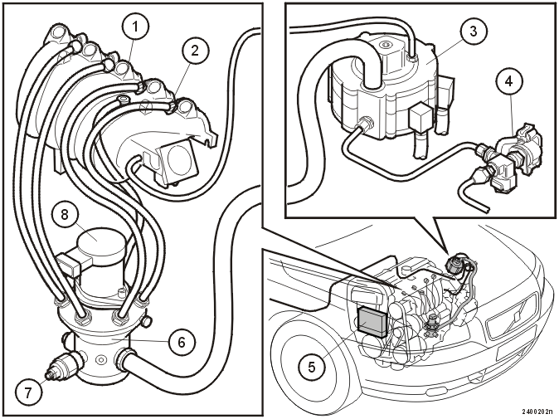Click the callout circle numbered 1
point(134,26)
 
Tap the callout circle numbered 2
point(194,51)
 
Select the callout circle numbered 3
point(473,31)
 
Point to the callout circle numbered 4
point(509,81)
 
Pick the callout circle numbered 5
point(312,367)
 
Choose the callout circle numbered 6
point(182,343)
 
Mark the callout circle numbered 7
point(28,392)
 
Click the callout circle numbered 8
point(64,215)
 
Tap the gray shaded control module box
point(372,322)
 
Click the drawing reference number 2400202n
point(539,412)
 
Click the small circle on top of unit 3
point(385,46)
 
